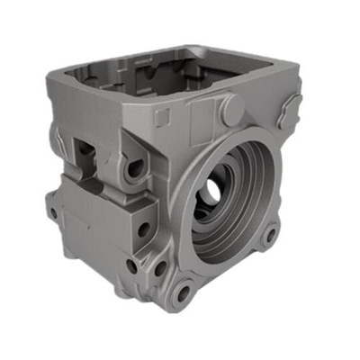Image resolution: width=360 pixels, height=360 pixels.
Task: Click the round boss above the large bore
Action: [230, 109]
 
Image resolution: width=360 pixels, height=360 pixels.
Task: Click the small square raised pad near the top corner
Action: [162, 118]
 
